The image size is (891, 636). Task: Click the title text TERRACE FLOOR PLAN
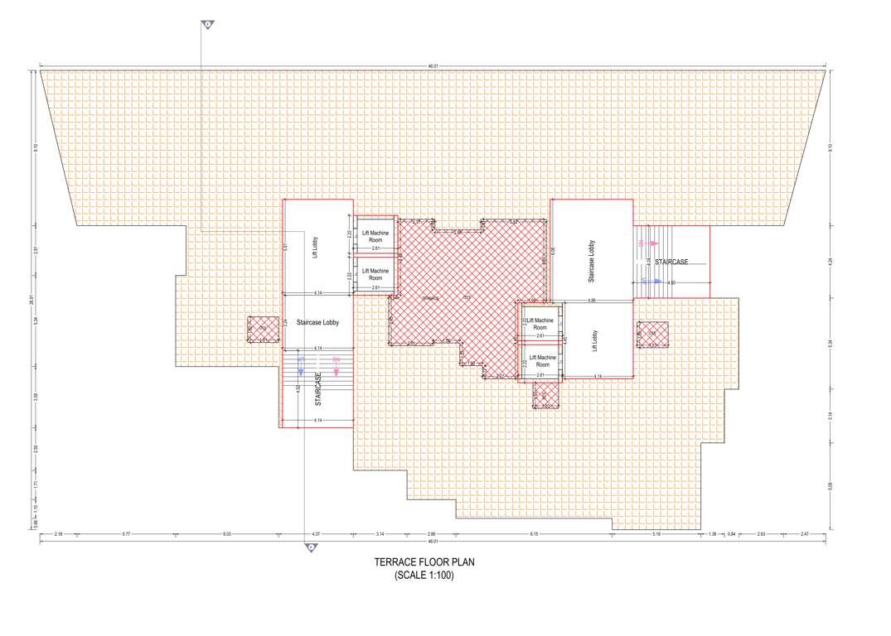click(x=424, y=562)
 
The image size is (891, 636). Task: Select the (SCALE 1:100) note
click(x=424, y=575)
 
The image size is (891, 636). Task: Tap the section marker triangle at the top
click(x=208, y=26)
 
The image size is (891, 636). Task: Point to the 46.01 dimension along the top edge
click(x=433, y=65)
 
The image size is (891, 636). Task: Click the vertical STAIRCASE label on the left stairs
click(x=318, y=388)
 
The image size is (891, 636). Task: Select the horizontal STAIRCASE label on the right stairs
click(x=671, y=262)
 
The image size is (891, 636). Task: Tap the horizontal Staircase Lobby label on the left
click(x=318, y=323)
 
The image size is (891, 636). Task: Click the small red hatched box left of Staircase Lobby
click(x=263, y=329)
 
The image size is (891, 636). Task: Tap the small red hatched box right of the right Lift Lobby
click(x=651, y=334)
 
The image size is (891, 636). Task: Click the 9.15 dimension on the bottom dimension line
click(x=535, y=534)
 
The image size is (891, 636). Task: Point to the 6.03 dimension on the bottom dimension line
click(x=226, y=534)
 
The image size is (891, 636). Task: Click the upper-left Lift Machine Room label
click(x=375, y=237)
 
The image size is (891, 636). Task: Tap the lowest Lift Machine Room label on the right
click(x=543, y=361)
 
